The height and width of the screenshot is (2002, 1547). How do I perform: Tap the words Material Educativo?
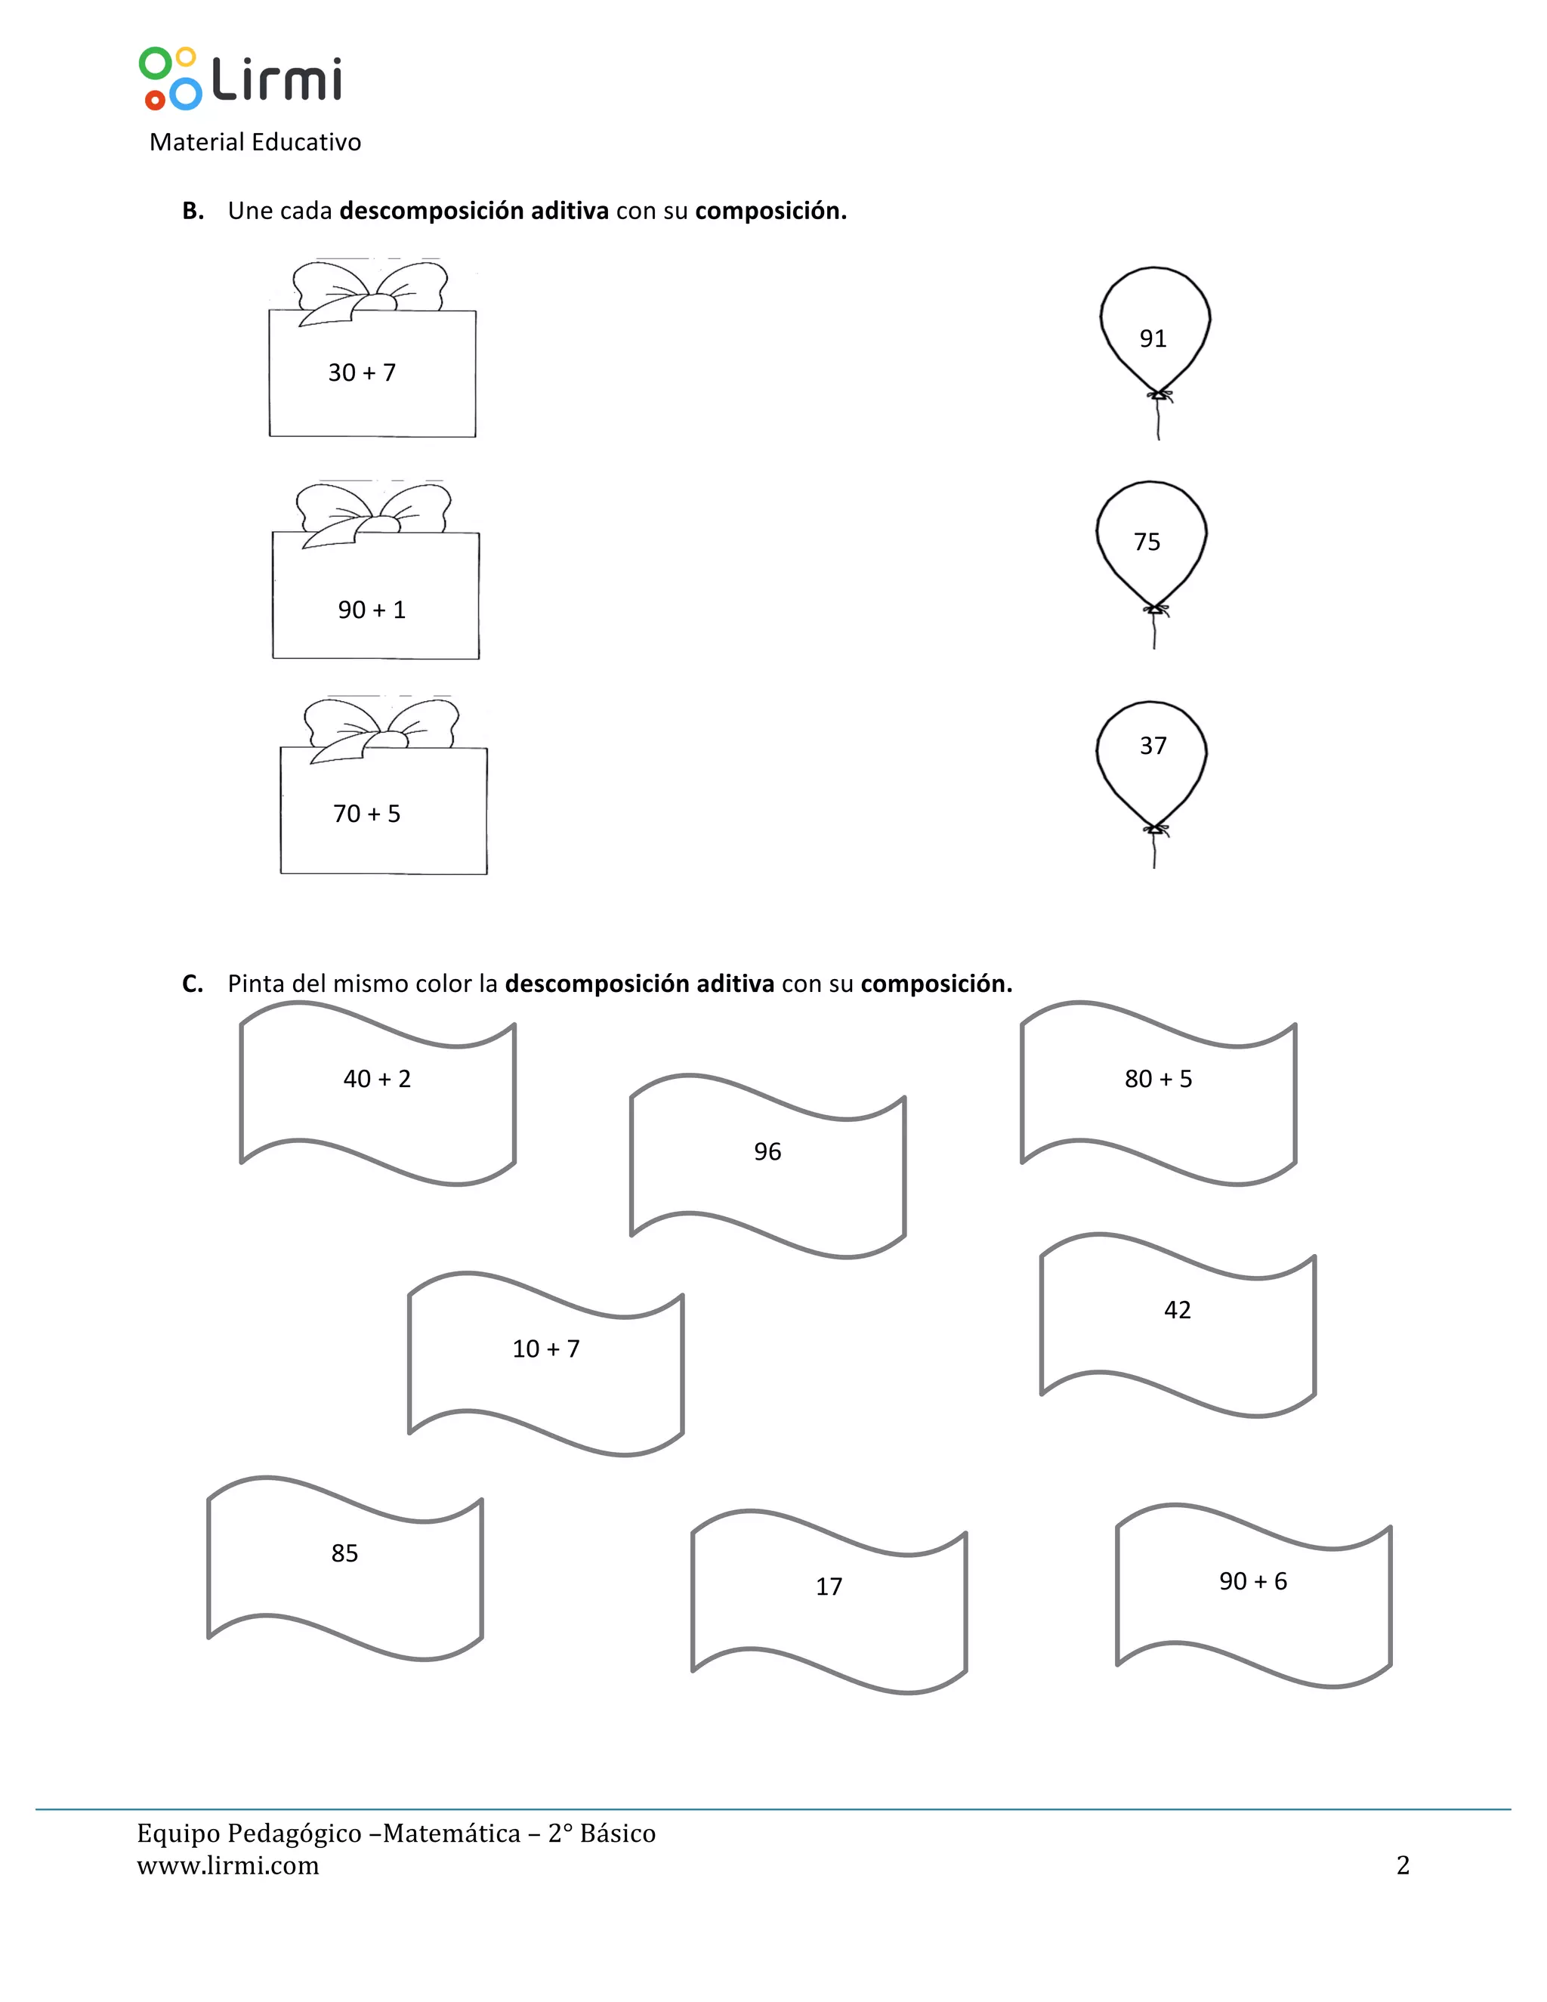[x=255, y=142]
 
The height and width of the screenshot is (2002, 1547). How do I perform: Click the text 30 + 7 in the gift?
[x=362, y=373]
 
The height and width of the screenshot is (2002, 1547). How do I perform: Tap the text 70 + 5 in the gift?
[x=366, y=814]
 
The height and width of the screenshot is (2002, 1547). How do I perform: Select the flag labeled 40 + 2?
[x=378, y=1092]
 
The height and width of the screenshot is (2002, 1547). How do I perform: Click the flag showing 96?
[x=768, y=1164]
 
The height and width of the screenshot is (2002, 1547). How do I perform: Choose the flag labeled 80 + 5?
[x=1159, y=1092]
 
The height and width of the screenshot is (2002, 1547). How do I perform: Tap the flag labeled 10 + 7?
[x=546, y=1362]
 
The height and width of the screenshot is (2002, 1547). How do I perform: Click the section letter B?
[x=193, y=212]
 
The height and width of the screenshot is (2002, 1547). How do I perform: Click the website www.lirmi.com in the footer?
[x=228, y=1866]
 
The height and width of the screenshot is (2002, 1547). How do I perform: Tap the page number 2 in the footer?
[x=1402, y=1866]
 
